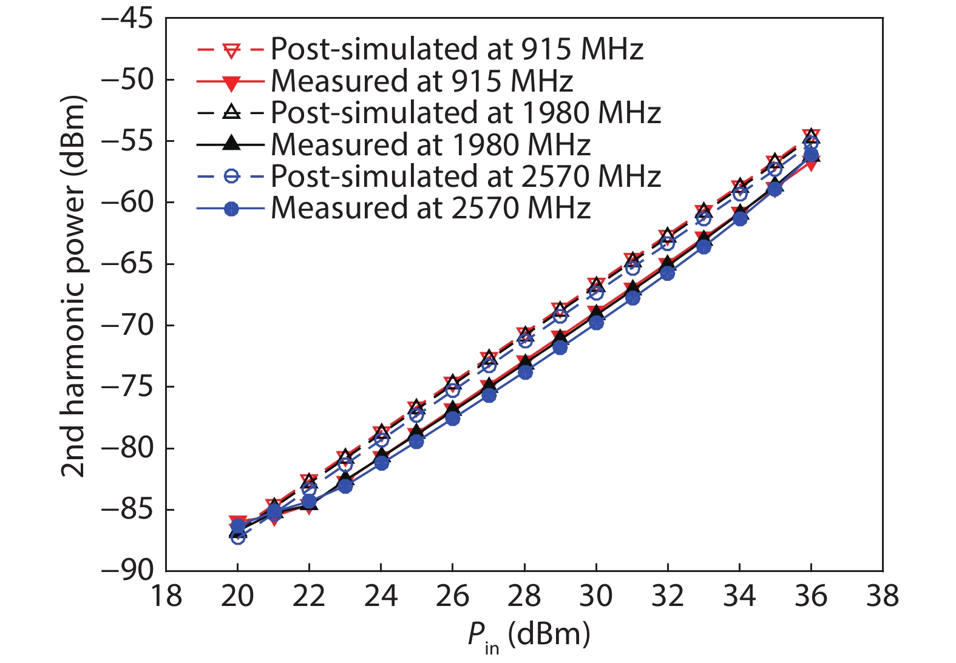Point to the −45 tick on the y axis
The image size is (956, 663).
coord(127,18)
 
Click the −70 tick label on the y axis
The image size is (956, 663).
coord(127,326)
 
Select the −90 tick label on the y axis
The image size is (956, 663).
coord(127,570)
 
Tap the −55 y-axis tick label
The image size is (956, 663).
coord(127,141)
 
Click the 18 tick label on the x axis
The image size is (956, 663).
coord(166,596)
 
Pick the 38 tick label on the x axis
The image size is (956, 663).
coord(883,596)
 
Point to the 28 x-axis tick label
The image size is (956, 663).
coord(524,596)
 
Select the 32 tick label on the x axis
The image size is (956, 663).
coord(668,596)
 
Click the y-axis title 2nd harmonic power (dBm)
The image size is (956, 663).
coord(73,285)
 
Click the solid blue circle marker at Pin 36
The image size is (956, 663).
coord(811,155)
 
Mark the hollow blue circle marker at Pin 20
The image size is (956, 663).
coord(238,537)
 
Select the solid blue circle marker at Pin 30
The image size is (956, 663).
coord(596,323)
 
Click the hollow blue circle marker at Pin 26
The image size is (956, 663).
coord(453,391)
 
